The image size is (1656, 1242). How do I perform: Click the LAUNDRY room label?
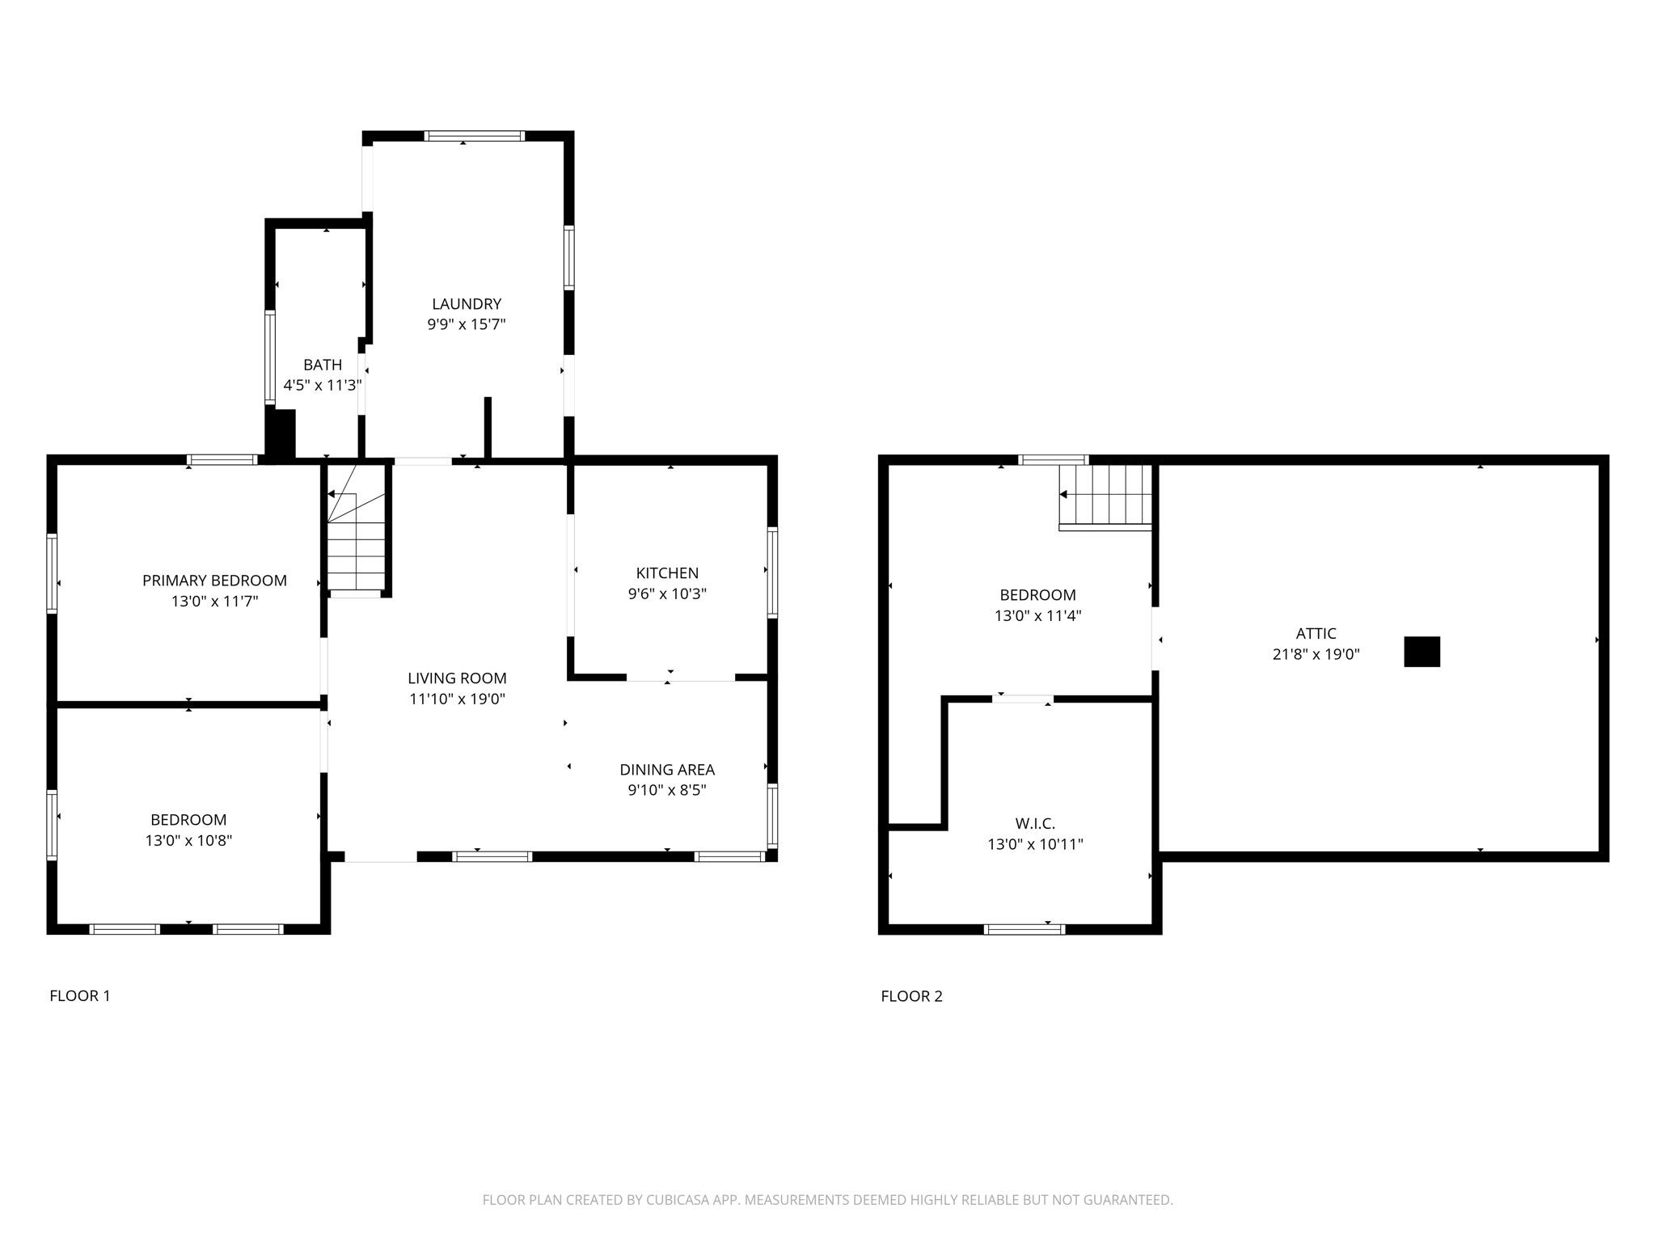467,304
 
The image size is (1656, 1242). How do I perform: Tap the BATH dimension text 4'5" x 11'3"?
323,386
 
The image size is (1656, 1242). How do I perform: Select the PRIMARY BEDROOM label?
214,581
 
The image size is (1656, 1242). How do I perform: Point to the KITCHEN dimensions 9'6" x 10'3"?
667,594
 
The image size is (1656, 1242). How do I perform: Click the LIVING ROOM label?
457,678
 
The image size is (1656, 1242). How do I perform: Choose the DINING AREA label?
667,770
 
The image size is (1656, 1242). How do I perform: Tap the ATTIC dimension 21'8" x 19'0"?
1316,654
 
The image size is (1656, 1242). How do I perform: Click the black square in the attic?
1422,652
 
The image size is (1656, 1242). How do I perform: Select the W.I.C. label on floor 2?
1035,824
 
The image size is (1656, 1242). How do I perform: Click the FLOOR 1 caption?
79,996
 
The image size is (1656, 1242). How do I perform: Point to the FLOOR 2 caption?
911,996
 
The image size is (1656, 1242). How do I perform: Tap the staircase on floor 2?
1105,497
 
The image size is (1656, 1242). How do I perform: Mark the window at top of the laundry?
475,136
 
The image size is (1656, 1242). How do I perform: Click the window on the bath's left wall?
270,357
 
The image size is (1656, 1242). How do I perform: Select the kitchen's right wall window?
772,572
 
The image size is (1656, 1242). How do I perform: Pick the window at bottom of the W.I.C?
1024,929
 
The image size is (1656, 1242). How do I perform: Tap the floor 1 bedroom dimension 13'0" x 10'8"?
188,840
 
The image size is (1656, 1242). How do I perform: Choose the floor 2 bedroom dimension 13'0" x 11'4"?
1037,616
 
